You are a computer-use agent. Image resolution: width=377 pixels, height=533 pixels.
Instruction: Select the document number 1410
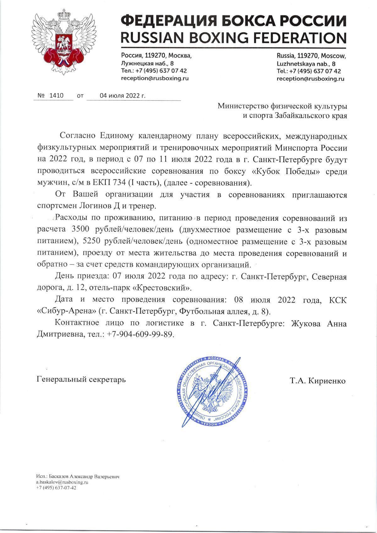click(x=56, y=95)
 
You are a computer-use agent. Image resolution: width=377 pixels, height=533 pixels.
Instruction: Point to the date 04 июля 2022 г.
click(x=123, y=95)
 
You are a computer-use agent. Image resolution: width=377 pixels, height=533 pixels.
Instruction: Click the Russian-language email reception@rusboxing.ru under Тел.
click(x=155, y=79)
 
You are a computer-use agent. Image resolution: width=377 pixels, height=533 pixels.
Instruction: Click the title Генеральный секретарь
click(x=81, y=379)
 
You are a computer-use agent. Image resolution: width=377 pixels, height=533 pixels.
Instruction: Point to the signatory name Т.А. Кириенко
click(x=318, y=381)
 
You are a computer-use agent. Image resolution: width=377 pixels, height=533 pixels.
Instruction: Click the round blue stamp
click(x=213, y=392)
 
